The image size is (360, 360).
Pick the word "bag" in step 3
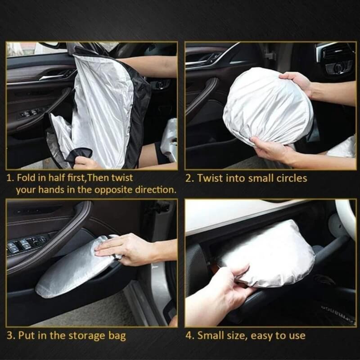point(117,335)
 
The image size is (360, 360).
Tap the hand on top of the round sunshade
point(297,81)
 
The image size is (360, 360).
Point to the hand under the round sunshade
point(270,148)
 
